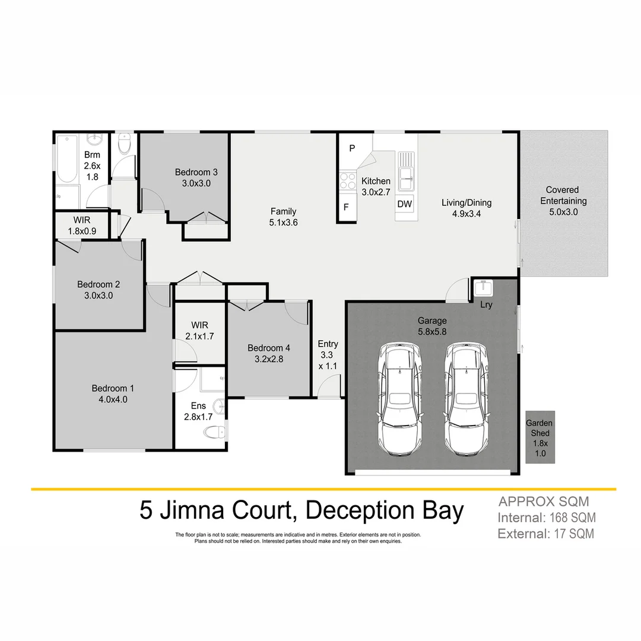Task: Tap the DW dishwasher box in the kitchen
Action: pos(404,204)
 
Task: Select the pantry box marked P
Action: pos(351,148)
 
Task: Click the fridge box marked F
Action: pos(347,207)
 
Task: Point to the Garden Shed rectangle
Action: pos(540,437)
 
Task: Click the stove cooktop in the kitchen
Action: pos(347,180)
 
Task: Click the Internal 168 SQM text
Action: pos(547,518)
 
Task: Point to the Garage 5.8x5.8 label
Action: pos(432,326)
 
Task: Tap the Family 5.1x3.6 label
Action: pos(283,217)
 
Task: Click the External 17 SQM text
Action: pos(545,534)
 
